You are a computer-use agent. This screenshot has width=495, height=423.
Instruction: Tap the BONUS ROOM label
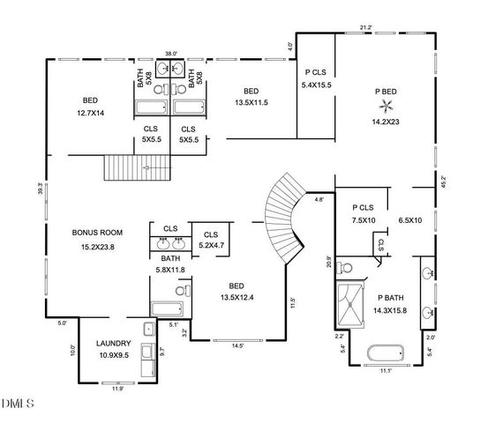pos(92,234)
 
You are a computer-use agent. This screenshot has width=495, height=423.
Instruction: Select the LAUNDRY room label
pos(114,343)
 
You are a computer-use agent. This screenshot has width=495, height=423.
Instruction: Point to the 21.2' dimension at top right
pos(365,27)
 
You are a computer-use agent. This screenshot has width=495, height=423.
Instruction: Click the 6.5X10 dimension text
pos(411,220)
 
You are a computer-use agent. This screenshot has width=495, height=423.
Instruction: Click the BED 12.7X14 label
pos(92,106)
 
